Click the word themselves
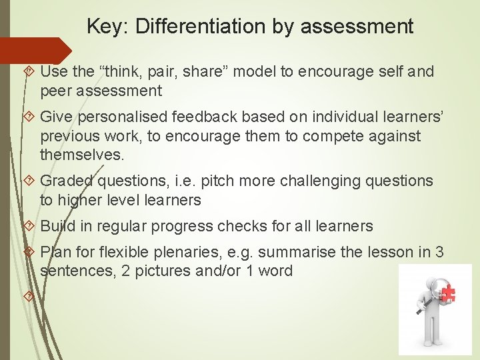81,155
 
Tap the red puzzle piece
447,293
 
